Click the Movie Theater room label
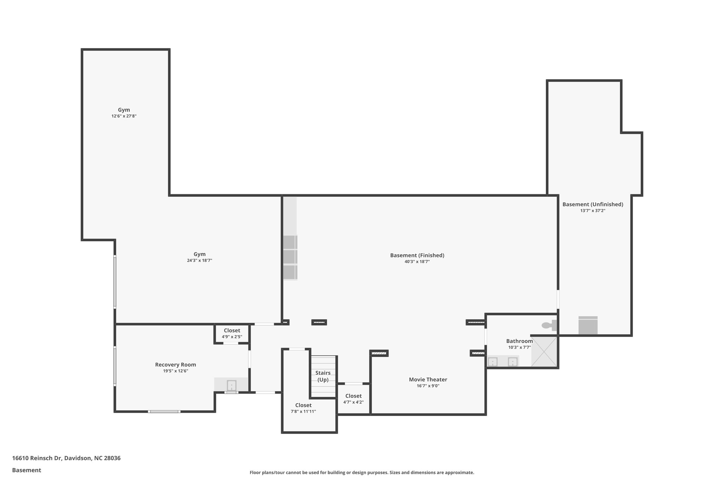point(428,380)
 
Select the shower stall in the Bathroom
point(544,351)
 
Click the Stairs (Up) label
point(323,376)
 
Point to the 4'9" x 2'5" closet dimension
point(232,337)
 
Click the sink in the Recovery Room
point(231,385)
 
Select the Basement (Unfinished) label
point(592,204)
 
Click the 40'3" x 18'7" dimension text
point(417,262)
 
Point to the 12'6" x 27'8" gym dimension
point(124,116)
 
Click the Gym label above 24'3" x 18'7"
point(199,254)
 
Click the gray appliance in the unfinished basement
point(588,325)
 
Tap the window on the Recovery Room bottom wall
point(164,411)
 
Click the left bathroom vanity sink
point(492,362)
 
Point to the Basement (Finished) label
point(417,255)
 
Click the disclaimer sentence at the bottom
point(362,472)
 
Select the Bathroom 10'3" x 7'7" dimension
point(519,347)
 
